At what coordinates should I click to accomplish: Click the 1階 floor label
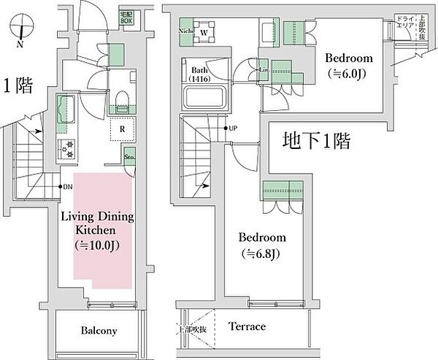click(18, 86)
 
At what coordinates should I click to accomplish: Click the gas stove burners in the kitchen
click(70, 148)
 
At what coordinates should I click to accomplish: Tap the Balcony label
click(99, 330)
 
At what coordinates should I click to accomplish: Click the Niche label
click(184, 31)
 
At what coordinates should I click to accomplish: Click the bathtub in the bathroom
click(204, 97)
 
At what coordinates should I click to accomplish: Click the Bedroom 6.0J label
click(348, 65)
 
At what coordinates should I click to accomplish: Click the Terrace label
click(247, 326)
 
